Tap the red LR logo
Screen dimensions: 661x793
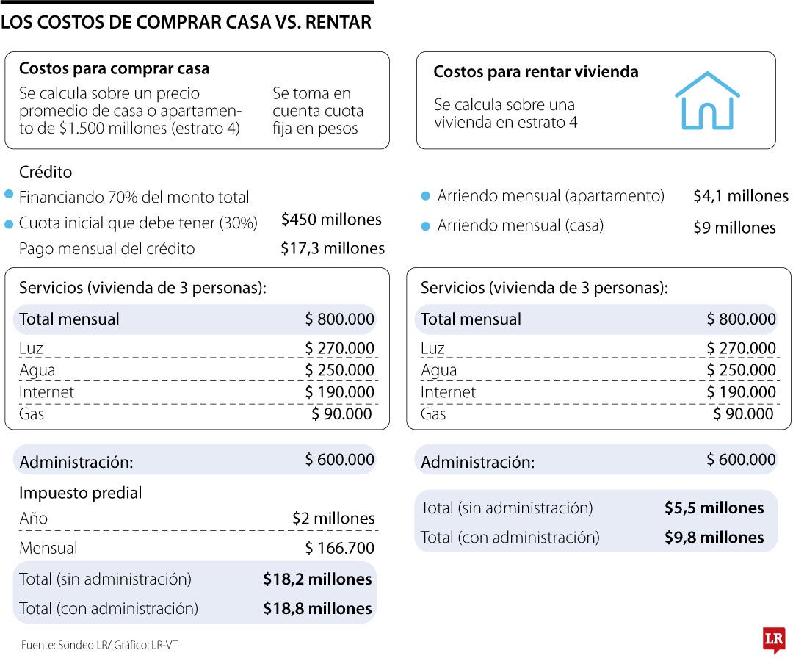coord(774,640)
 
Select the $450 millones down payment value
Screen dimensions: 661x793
coord(331,220)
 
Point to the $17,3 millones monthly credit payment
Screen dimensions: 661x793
coord(332,249)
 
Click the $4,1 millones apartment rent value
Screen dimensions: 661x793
coord(740,196)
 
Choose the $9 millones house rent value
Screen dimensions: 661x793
coord(734,228)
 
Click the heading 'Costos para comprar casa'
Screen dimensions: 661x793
coord(114,69)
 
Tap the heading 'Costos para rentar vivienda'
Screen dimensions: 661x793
coord(535,72)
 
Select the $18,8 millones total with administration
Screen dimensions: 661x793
coord(317,609)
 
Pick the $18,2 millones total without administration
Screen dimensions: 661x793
coord(317,579)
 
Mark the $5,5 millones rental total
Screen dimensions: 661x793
coord(714,508)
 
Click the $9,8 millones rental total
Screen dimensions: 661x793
coord(714,538)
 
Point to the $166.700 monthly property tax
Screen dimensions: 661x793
coord(339,548)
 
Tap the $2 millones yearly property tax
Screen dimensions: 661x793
coord(333,519)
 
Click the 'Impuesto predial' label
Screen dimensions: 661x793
coord(81,493)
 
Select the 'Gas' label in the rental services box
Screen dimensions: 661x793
coord(433,414)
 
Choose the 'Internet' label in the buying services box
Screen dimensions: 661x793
coord(46,392)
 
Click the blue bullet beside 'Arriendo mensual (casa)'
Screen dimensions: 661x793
coord(425,226)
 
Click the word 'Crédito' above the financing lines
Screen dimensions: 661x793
coord(46,172)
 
